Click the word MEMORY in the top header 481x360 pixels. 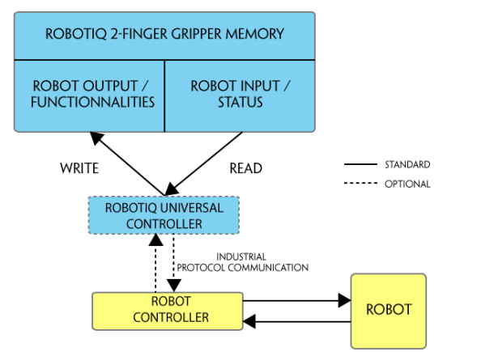point(254,34)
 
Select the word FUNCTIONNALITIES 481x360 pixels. point(92,102)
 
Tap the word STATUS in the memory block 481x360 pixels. point(240,102)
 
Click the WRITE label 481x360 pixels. point(79,168)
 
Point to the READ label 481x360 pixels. point(246,168)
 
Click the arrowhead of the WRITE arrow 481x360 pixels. point(96,138)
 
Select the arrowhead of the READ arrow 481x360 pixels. point(172,188)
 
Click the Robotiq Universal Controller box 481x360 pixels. point(164,215)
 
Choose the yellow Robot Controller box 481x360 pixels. point(168,311)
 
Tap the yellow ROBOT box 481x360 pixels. point(389,311)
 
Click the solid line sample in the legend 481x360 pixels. point(360,164)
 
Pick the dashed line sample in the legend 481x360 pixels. point(360,183)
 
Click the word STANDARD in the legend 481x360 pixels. point(407,164)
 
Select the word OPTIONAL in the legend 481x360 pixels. point(407,184)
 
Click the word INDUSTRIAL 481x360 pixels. point(241,256)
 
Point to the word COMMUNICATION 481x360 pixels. point(268,268)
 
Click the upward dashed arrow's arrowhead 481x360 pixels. point(155,239)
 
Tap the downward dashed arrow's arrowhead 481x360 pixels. point(174,286)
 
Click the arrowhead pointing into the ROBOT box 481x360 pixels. point(344,300)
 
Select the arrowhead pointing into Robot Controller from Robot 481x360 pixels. point(249,322)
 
